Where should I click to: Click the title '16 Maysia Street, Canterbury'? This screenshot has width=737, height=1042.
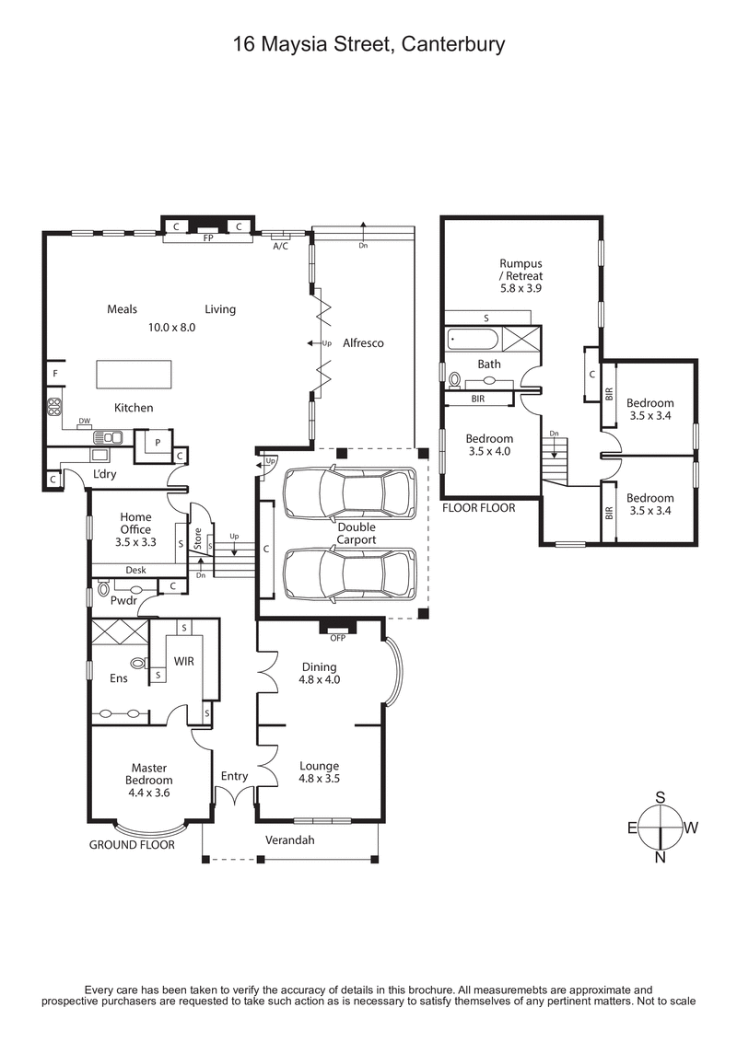pos(368,43)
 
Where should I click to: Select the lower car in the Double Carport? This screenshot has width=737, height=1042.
pos(349,574)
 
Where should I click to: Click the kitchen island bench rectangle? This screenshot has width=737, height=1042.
pos(134,376)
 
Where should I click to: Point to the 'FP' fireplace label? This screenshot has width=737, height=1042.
pos(208,237)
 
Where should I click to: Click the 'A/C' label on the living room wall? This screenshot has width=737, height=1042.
pos(281,246)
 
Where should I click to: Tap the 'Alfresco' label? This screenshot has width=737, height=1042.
pos(363,342)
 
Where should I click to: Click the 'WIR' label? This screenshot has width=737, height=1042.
pos(184,661)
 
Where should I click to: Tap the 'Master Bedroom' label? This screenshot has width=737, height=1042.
pos(148,773)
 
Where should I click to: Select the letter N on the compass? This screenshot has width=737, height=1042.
pos(661,857)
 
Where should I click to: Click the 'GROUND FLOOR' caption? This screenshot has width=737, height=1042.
pos(132,844)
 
